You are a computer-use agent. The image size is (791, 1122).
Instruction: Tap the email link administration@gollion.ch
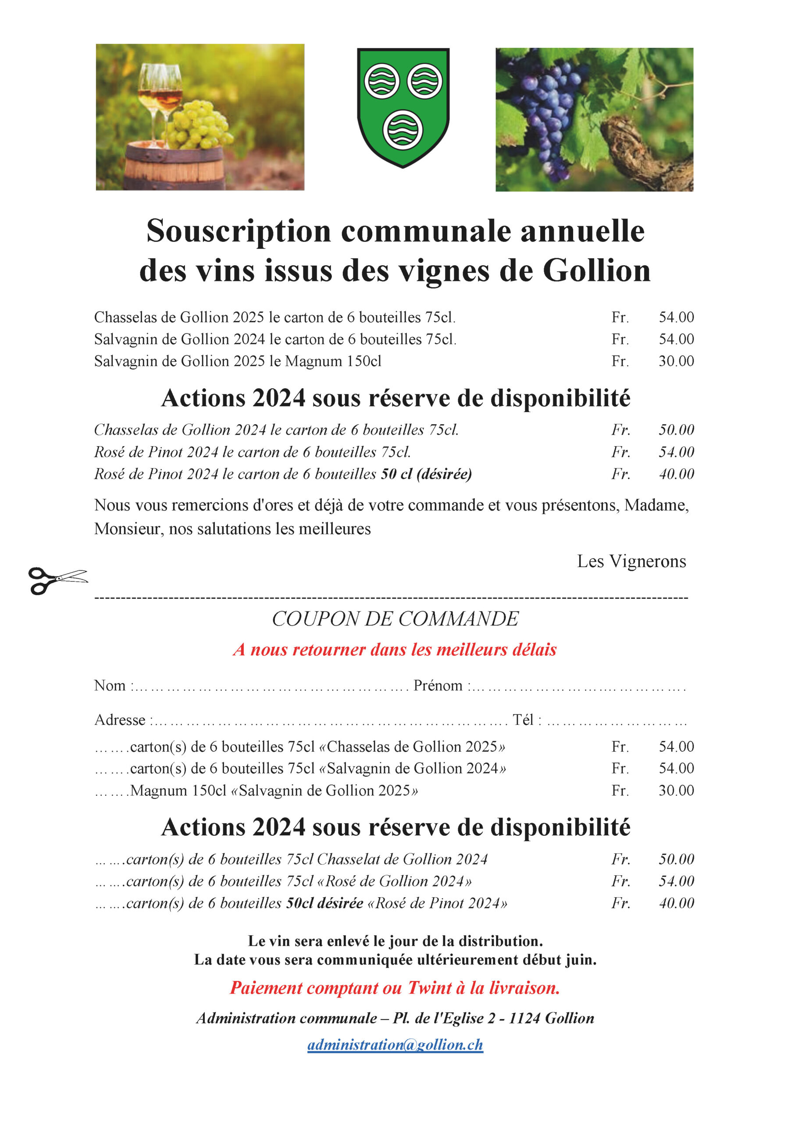tap(395, 1045)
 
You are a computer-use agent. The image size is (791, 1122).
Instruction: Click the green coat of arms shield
tap(403, 107)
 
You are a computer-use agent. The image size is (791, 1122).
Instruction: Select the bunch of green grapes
tap(198, 124)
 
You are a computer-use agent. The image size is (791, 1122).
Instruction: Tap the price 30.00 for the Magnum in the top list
tap(676, 361)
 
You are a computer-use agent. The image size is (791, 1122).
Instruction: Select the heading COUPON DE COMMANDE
tap(395, 619)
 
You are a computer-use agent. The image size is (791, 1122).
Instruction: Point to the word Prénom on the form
tap(438, 685)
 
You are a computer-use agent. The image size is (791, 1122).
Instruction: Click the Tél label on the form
tap(523, 720)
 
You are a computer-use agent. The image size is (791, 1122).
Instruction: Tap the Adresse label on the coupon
tap(120, 720)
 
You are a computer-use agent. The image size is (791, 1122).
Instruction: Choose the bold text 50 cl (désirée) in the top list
tap(426, 474)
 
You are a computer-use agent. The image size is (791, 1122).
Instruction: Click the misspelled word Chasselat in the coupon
tap(348, 859)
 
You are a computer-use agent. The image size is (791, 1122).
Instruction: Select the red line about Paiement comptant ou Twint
tap(395, 988)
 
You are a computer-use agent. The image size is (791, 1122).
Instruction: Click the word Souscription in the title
tap(239, 231)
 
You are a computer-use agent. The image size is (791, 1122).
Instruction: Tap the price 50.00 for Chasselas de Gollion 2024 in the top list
tap(676, 430)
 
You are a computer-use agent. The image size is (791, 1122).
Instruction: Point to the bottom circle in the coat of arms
tap(403, 131)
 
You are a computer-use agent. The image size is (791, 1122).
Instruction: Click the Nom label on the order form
tap(110, 685)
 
